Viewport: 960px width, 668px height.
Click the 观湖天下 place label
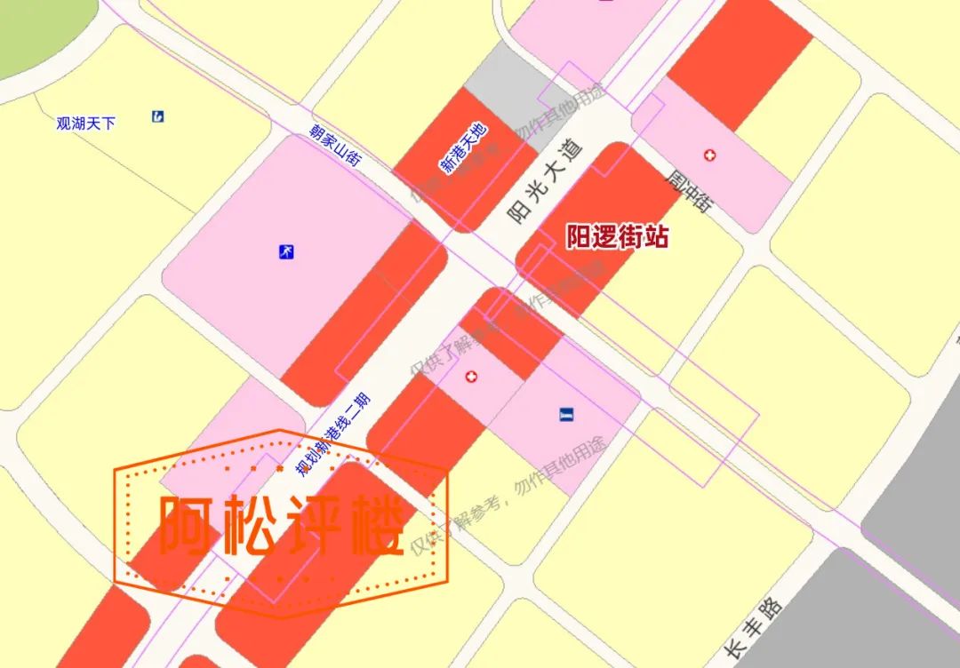tap(86, 123)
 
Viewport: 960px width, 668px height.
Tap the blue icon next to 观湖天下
tap(157, 115)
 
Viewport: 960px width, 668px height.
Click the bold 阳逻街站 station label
tap(618, 237)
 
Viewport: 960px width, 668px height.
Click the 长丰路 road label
tap(753, 628)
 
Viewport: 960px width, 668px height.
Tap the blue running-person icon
tap(286, 252)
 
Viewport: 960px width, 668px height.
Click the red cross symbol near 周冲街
tap(709, 155)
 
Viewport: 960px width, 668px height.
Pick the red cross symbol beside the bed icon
tap(471, 378)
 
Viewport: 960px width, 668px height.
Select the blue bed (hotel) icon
tap(567, 414)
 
